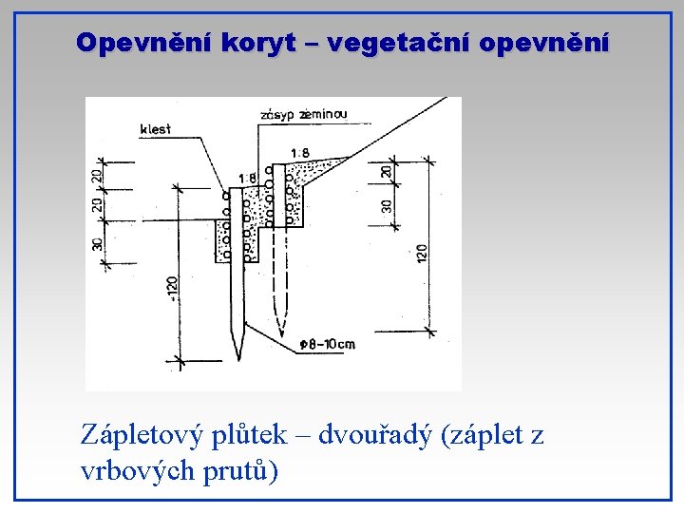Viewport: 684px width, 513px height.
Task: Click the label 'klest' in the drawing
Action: [155, 128]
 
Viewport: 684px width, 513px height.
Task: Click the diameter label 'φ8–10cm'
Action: [326, 343]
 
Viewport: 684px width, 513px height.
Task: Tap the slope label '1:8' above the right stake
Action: [299, 152]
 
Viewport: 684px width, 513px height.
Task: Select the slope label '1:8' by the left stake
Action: [247, 178]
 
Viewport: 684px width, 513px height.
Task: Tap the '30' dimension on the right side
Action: [387, 205]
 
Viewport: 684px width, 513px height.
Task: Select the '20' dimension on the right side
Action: [385, 171]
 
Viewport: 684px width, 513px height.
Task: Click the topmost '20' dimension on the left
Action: [97, 175]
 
